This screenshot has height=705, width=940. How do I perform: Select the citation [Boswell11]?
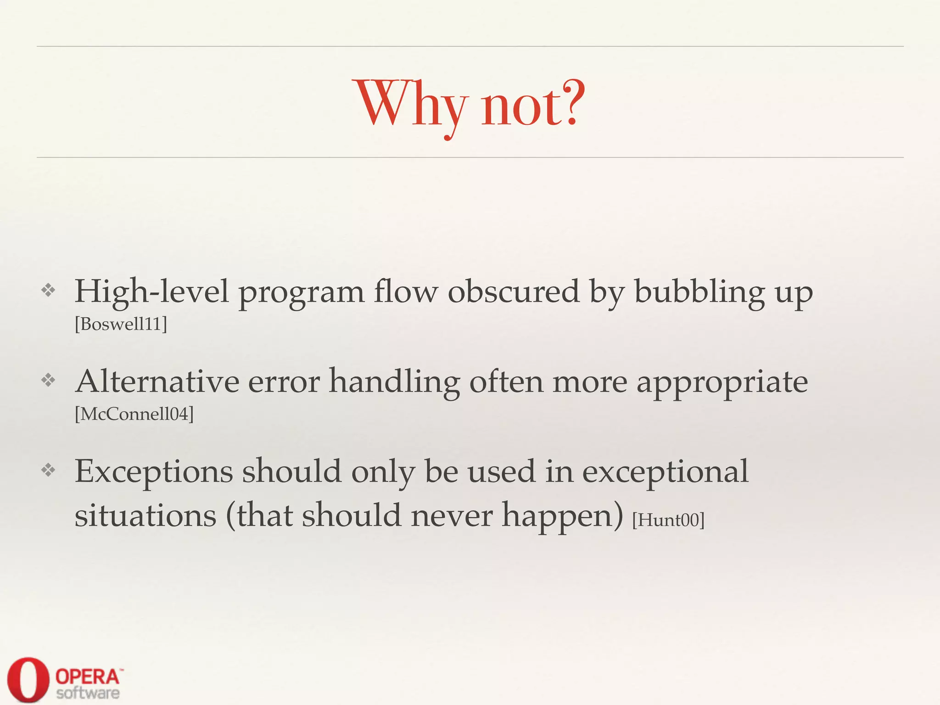click(121, 325)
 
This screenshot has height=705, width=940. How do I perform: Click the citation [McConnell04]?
click(134, 414)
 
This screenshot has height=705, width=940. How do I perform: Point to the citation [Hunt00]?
click(668, 520)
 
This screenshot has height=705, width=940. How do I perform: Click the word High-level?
click(151, 292)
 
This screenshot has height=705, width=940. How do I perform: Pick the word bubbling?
click(699, 292)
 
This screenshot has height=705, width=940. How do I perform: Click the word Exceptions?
click(154, 472)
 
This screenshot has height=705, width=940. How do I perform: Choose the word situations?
click(145, 516)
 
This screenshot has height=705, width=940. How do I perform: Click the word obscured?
click(514, 292)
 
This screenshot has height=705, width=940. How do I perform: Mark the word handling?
click(394, 382)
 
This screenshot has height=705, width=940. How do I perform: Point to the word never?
click(451, 516)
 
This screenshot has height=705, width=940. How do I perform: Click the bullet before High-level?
click(48, 290)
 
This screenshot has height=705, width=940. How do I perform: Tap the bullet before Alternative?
click(48, 380)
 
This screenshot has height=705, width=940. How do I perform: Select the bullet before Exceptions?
click(48, 470)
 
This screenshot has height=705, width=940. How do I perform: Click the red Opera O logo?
click(28, 680)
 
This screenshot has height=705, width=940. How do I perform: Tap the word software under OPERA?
click(88, 693)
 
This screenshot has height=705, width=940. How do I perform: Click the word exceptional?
click(665, 472)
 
